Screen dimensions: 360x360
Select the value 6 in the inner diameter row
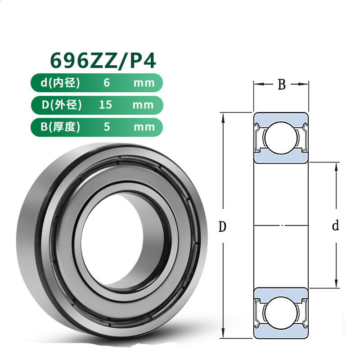107,83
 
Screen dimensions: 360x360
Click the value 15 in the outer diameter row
106,105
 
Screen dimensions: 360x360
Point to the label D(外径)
62,105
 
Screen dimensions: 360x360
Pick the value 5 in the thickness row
107,126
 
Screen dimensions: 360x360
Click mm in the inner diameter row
144,83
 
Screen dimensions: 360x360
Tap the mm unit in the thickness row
144,126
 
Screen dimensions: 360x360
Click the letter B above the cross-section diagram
282,85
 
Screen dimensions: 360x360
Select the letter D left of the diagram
222,227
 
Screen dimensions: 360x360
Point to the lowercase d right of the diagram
335,226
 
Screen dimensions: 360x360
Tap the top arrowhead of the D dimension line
223,116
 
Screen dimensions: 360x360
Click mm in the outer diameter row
144,105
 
